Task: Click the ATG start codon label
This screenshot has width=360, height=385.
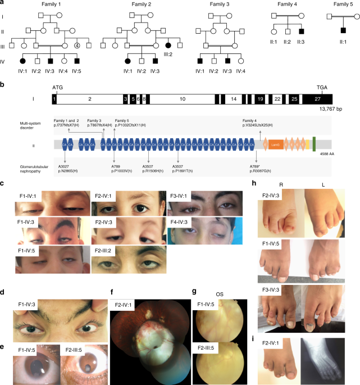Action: (x=58, y=88)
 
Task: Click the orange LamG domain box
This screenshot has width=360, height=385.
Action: (x=276, y=144)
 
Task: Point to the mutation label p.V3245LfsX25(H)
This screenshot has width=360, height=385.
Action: (x=257, y=124)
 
